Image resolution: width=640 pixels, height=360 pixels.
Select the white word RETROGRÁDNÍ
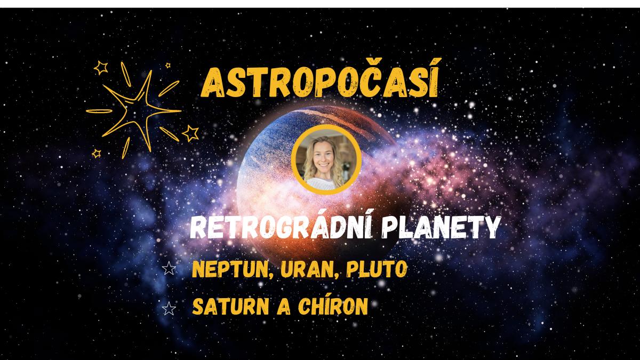tap(282, 226)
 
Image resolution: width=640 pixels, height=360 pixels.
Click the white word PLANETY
tap(442, 227)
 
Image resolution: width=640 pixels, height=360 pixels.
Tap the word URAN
tap(309, 269)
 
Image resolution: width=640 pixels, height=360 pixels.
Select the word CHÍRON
tap(333, 305)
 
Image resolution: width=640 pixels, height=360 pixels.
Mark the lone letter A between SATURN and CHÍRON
tap(284, 307)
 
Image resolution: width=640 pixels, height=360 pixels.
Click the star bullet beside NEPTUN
tap(169, 269)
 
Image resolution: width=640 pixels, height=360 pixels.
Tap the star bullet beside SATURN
tap(169, 309)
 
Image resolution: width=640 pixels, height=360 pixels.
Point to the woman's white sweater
tap(322, 183)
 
